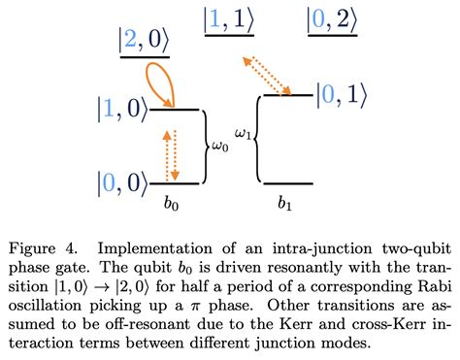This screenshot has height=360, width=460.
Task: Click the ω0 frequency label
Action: [x=222, y=147]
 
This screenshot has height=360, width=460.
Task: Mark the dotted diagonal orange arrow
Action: [x=268, y=74]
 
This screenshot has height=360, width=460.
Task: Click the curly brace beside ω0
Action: [x=207, y=146]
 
